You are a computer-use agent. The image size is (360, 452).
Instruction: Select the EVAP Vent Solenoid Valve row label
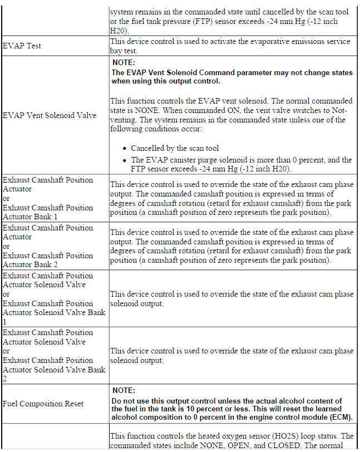click(50, 115)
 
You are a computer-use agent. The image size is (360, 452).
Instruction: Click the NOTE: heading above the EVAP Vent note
click(124, 63)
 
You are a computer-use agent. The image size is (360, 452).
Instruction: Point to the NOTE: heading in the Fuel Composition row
click(124, 391)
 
